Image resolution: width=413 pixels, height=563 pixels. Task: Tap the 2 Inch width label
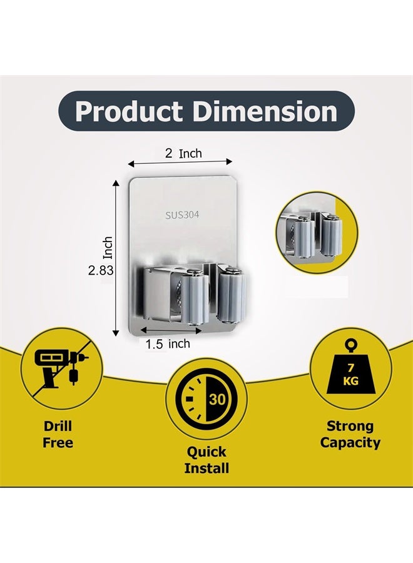tap(183, 153)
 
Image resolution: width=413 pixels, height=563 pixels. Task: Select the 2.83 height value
tap(101, 270)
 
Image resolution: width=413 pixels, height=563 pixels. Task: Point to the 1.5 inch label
tap(168, 343)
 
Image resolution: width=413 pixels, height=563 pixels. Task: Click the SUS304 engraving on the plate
tap(182, 215)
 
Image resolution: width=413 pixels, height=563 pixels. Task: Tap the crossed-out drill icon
tap(59, 369)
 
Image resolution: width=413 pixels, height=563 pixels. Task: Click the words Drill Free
tap(58, 434)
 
